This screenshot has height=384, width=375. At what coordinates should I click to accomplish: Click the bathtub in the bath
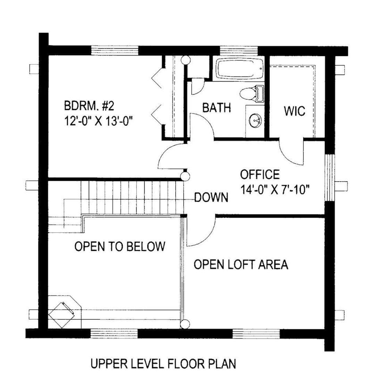coord(240,69)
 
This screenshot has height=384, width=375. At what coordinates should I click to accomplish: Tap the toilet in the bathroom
coord(251,93)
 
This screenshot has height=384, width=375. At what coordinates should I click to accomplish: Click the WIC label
coord(294,111)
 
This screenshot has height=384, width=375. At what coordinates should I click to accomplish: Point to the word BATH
coord(217,107)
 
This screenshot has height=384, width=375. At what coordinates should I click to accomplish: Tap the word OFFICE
coord(260,174)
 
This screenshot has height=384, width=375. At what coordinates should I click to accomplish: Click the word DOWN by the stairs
coord(211,197)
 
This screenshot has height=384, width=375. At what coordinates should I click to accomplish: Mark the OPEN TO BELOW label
coord(120,246)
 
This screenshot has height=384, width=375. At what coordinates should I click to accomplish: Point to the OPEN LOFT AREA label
coord(241,264)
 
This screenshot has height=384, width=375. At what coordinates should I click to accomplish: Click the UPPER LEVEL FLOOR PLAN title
coord(164,364)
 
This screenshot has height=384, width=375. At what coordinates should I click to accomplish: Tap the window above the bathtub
coord(239,51)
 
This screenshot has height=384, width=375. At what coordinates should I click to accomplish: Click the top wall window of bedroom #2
coord(115,51)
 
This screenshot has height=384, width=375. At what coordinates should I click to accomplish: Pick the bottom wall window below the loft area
coord(256,334)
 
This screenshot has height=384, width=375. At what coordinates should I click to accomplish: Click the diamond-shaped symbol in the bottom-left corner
coord(61,315)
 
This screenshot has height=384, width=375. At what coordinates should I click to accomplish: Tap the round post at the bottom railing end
coord(185,324)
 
